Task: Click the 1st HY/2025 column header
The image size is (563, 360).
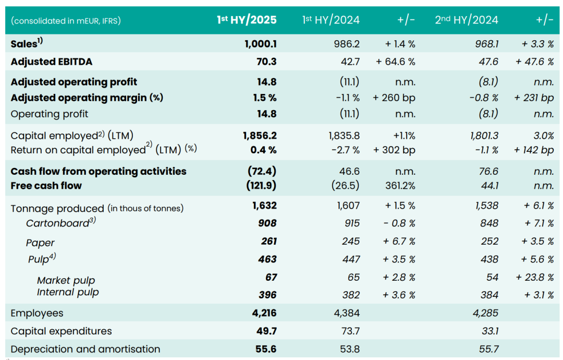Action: point(247,20)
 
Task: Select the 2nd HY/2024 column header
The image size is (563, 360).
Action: point(467,20)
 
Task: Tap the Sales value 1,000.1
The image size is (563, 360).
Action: point(260,44)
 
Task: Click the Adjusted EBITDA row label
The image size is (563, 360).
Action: point(52,62)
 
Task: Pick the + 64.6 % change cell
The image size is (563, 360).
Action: point(396,62)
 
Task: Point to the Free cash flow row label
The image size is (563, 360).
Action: point(46,185)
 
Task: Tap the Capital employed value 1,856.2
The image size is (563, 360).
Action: point(260,136)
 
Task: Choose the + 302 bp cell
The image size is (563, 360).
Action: point(395,150)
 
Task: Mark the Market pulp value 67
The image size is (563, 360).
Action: point(271,277)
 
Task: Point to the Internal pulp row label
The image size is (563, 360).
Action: point(68,292)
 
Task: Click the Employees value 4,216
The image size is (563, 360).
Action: point(264,313)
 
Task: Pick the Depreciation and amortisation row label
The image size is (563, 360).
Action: point(85,349)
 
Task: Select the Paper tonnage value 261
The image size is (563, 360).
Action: point(268,241)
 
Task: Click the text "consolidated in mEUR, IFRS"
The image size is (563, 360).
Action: point(66,21)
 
